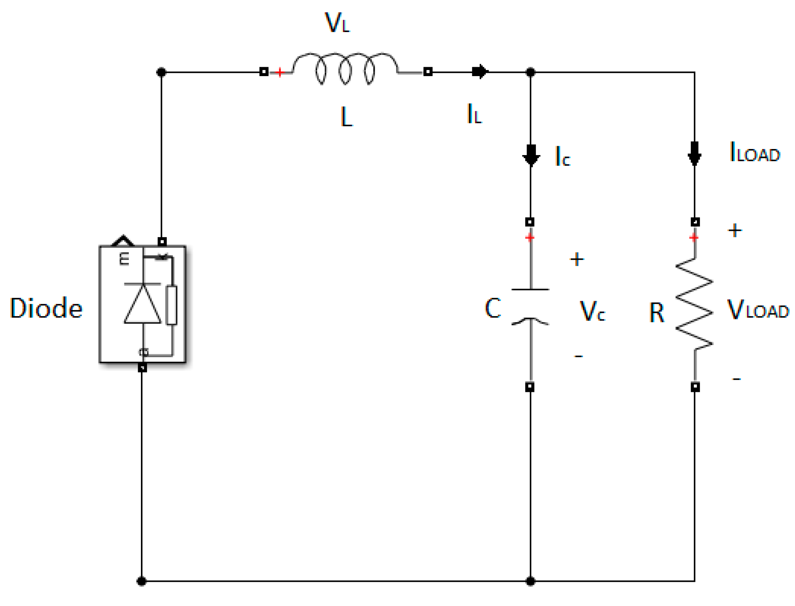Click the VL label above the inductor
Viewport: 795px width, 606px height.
pyautogui.click(x=337, y=23)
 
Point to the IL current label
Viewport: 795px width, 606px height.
pyautogui.click(x=474, y=114)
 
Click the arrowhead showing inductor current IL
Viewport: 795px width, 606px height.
pyautogui.click(x=480, y=71)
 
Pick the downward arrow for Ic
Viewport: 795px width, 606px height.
pyautogui.click(x=531, y=155)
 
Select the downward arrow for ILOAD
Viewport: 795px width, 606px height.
pyautogui.click(x=694, y=153)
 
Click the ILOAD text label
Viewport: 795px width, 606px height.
pyautogui.click(x=754, y=152)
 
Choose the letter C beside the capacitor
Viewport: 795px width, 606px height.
pyautogui.click(x=493, y=308)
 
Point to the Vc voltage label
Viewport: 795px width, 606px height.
pyautogui.click(x=592, y=310)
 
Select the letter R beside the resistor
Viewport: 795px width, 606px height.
pyautogui.click(x=657, y=312)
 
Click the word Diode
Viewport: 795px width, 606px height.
pyautogui.click(x=46, y=308)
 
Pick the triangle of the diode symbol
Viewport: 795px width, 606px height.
pyautogui.click(x=143, y=304)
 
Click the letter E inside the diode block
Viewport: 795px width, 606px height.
pyautogui.click(x=124, y=259)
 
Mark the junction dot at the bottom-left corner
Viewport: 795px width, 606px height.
pyautogui.click(x=142, y=581)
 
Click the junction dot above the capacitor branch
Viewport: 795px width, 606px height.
pyautogui.click(x=530, y=72)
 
